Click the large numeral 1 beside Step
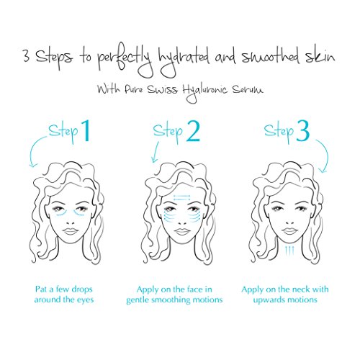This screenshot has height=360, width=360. coord(86,131)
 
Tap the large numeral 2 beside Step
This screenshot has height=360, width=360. coord(193,131)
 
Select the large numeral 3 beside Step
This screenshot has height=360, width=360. coord(302,131)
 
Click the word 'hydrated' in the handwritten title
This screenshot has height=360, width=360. coord(183,60)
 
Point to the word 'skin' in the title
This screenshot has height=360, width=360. coord(320,56)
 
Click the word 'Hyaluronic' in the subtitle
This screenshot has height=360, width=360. coord(204,91)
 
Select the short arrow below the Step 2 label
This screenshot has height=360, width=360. coord(156,152)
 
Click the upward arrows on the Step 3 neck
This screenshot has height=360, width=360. coord(289,251)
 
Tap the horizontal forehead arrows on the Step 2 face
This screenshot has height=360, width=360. coord(181,197)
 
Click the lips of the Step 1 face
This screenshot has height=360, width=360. coord(70,231)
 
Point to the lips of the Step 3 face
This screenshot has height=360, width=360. coord(289,231)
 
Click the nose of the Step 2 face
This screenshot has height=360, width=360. coord(181,222)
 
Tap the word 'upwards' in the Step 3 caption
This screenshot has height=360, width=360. coord(269,300)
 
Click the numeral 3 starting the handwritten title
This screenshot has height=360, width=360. coord(27,56)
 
